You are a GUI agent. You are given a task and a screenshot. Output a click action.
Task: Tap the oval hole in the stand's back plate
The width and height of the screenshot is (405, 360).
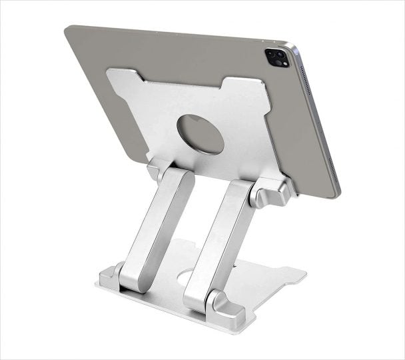click(x=200, y=134)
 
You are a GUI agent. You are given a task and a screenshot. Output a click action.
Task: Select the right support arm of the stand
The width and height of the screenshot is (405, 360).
click(x=216, y=243)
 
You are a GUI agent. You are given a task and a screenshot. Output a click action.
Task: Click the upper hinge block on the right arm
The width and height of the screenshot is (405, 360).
click(x=270, y=193)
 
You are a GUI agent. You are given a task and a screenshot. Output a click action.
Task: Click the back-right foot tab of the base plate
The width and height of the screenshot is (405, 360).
click(x=293, y=273)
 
